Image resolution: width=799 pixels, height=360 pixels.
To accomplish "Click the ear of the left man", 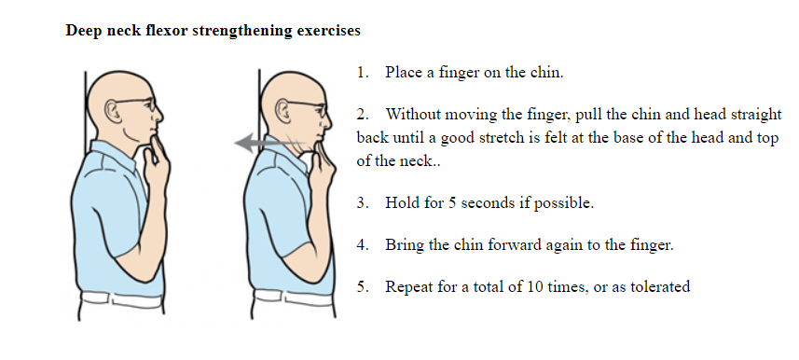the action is [112, 110].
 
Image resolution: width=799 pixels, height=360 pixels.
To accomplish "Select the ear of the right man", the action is [282, 111].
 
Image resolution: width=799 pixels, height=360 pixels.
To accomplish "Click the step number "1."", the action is [363, 73].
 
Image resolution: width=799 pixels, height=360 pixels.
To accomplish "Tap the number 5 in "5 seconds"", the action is [452, 203].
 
